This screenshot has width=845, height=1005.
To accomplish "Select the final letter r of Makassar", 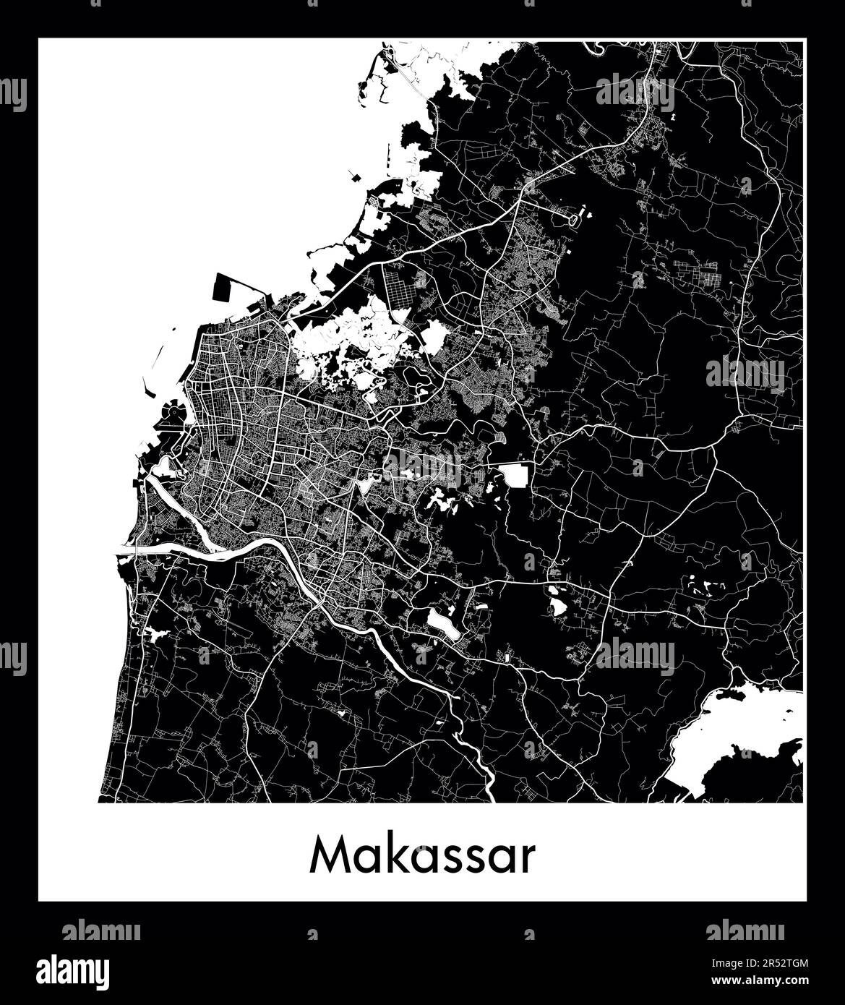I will point(528,860).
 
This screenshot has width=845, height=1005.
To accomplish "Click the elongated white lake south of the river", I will point(442,624).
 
